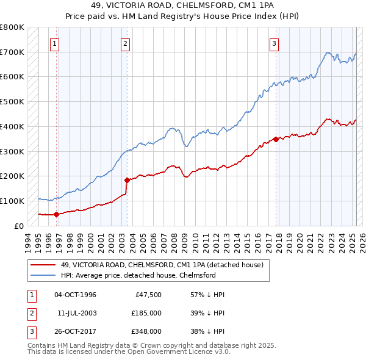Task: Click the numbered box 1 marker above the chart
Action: [55, 43]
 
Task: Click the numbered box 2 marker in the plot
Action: [125, 43]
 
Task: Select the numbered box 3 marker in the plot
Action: [274, 43]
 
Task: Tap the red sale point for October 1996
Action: [56, 214]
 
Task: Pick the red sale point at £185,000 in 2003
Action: [127, 180]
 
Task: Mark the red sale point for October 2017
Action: [276, 139]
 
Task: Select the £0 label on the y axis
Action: [19, 226]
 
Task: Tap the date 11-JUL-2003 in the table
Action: [77, 313]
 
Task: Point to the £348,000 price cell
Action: [146, 331]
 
